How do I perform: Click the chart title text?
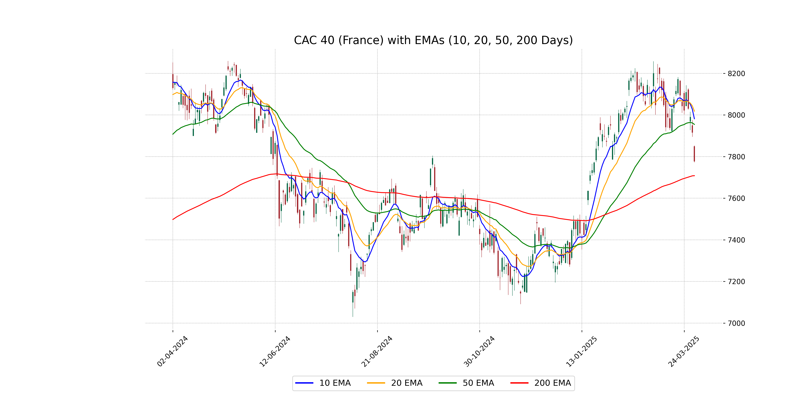click(x=433, y=40)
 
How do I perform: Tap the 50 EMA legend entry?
click(x=466, y=383)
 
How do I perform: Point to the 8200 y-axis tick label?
click(x=736, y=74)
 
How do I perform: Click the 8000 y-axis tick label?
click(x=736, y=115)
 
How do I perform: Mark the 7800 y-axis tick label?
click(x=736, y=157)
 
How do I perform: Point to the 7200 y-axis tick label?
click(x=736, y=282)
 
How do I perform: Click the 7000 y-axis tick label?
click(x=736, y=323)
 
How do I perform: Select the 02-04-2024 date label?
click(x=172, y=351)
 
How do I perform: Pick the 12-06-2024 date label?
click(x=275, y=351)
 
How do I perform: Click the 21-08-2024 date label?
click(x=377, y=351)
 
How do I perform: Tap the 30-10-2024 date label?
click(x=479, y=351)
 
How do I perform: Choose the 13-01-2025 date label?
click(x=581, y=351)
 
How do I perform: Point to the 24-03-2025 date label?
click(x=684, y=351)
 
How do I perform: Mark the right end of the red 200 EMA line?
click(x=694, y=176)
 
